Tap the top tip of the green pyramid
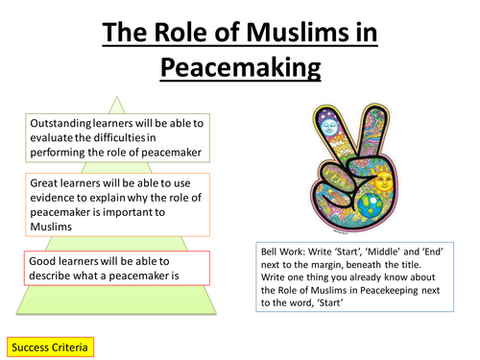tap(115, 96)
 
